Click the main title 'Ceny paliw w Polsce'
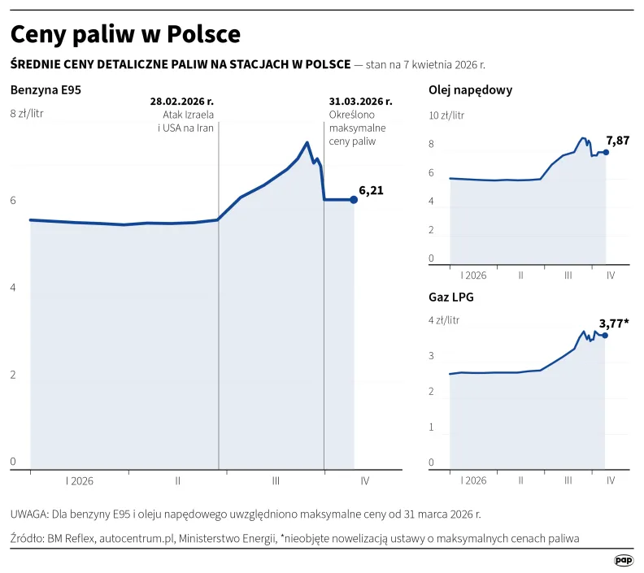[x=125, y=34]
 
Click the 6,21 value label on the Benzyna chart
[x=371, y=191]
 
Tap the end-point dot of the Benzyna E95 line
[x=354, y=199]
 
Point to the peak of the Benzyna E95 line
[x=307, y=143]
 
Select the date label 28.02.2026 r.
[x=182, y=102]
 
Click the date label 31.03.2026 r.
[x=361, y=102]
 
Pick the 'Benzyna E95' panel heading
[x=46, y=90]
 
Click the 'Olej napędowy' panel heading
[x=470, y=90]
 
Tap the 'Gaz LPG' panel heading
[x=451, y=297]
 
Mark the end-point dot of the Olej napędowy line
[x=606, y=152]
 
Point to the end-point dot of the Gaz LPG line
[x=604, y=335]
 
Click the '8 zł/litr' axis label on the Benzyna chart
[x=27, y=113]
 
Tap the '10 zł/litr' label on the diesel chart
[x=446, y=115]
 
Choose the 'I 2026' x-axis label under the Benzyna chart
[x=79, y=480]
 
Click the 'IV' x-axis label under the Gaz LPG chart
[x=610, y=480]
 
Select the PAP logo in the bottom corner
[x=624, y=560]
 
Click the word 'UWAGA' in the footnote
[x=28, y=514]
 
